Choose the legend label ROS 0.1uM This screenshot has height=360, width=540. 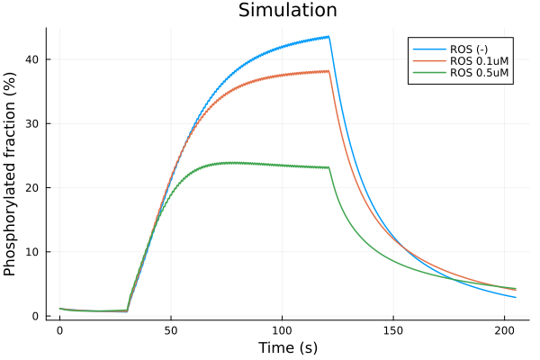pyautogui.click(x=481, y=60)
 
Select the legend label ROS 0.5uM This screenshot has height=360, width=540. pyautogui.click(x=481, y=74)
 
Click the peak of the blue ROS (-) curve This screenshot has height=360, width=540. pyautogui.click(x=328, y=37)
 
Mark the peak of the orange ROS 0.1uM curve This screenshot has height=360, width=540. pyautogui.click(x=328, y=71)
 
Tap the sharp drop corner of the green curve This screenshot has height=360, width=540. pyautogui.click(x=329, y=167)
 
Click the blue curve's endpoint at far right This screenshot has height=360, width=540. pyautogui.click(x=516, y=297)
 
